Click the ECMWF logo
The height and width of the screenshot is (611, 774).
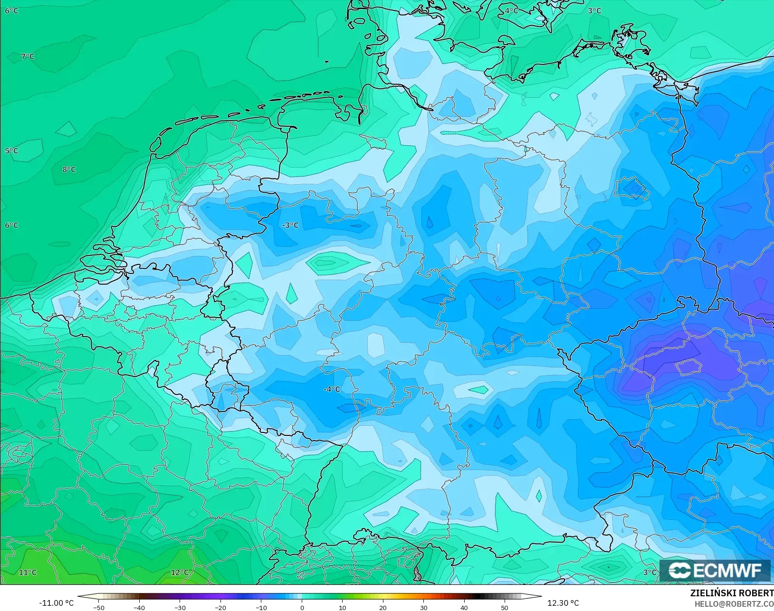(715, 570)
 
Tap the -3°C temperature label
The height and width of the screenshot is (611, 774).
(290, 225)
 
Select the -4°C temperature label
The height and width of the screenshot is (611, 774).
(332, 389)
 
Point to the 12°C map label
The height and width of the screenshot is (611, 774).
(180, 573)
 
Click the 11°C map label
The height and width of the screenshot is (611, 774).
(28, 573)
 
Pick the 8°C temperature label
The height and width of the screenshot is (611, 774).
(69, 169)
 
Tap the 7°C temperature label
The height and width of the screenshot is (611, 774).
(28, 56)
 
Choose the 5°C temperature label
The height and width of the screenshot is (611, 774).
(11, 151)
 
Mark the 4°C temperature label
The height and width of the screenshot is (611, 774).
(511, 10)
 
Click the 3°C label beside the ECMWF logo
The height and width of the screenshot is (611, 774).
(650, 573)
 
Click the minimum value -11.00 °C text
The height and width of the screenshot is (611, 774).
(56, 603)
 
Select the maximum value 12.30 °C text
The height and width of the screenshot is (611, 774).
(563, 603)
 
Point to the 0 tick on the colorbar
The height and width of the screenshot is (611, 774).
(302, 607)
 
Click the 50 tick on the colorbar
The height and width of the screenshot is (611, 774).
(505, 607)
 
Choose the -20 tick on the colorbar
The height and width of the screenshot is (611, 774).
(220, 607)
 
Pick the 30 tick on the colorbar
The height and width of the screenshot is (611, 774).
(423, 607)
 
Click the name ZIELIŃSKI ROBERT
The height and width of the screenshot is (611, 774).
(732, 593)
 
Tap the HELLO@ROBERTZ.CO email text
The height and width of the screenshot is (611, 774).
(734, 604)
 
